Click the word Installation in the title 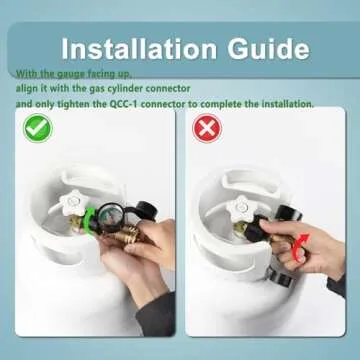(139, 49)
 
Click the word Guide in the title (269, 49)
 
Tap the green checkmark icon (38, 128)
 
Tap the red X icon (207, 128)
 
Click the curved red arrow (300, 248)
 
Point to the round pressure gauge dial (111, 217)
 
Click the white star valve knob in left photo (74, 202)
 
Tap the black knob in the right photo (288, 212)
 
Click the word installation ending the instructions (287, 104)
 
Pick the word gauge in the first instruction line (70, 74)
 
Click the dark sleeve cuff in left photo (155, 314)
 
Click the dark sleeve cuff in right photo (336, 286)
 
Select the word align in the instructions (26, 89)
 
